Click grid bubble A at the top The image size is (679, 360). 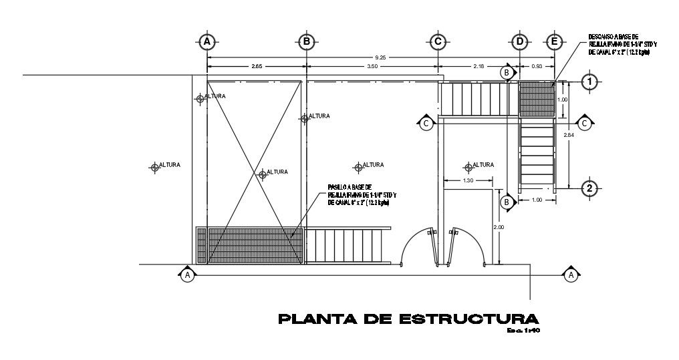pyautogui.click(x=208, y=41)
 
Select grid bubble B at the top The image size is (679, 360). pyautogui.click(x=306, y=41)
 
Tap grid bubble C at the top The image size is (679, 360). pyautogui.click(x=437, y=41)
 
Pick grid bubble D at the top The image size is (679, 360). pyautogui.click(x=520, y=41)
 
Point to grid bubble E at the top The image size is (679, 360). pyautogui.click(x=554, y=41)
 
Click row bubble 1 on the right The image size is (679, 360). pyautogui.click(x=589, y=82)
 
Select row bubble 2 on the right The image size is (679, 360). pyautogui.click(x=589, y=188)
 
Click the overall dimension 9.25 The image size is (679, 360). pyautogui.click(x=380, y=57)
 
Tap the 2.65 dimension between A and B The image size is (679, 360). pyautogui.click(x=256, y=66)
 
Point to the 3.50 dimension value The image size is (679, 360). pyautogui.click(x=372, y=66)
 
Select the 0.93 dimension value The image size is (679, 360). pyautogui.click(x=537, y=66)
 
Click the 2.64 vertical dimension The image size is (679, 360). pyautogui.click(x=569, y=136)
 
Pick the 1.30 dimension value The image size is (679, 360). pyautogui.click(x=468, y=180)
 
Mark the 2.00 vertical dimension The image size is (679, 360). pyautogui.click(x=498, y=227)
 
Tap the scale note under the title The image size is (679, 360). pyautogui.click(x=523, y=330)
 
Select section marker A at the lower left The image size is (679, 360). pyautogui.click(x=188, y=275)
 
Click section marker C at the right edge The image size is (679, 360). pyautogui.click(x=585, y=123)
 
